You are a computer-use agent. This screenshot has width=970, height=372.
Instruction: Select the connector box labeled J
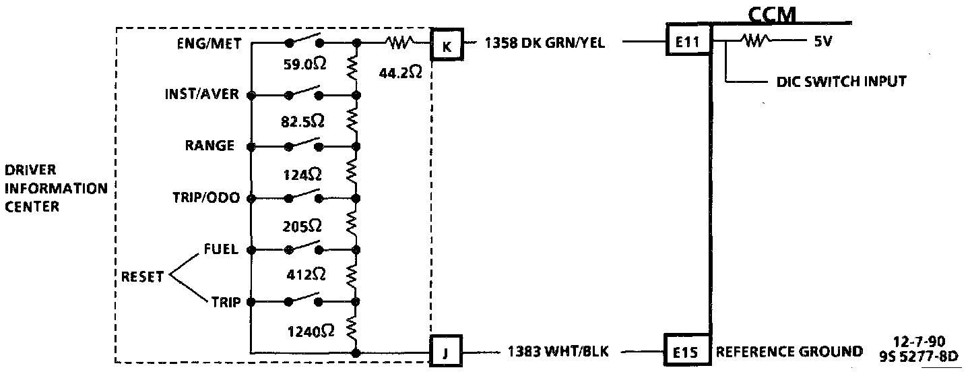click(x=447, y=351)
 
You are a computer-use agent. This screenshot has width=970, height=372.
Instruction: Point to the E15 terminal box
click(x=686, y=351)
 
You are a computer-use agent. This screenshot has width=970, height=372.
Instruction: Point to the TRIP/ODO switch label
click(x=204, y=198)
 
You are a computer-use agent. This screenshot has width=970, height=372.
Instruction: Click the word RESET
click(x=142, y=277)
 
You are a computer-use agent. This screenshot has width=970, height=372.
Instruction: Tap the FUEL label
click(x=221, y=250)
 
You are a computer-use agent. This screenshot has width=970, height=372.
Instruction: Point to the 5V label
click(x=822, y=42)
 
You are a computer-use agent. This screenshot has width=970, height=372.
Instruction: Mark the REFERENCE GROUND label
click(x=789, y=351)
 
